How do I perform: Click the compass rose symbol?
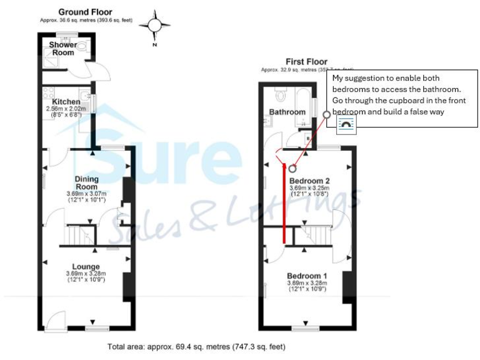154,26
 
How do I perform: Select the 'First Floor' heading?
306,61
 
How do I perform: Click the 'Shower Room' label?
63,49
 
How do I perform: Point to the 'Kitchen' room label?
66,102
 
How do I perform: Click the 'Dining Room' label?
86,182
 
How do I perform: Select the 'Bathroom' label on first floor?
287,112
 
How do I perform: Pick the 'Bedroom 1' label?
307,276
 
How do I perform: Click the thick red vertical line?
285,203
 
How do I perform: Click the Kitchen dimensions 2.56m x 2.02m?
67,109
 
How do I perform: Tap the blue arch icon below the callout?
346,126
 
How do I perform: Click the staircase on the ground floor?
78,235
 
